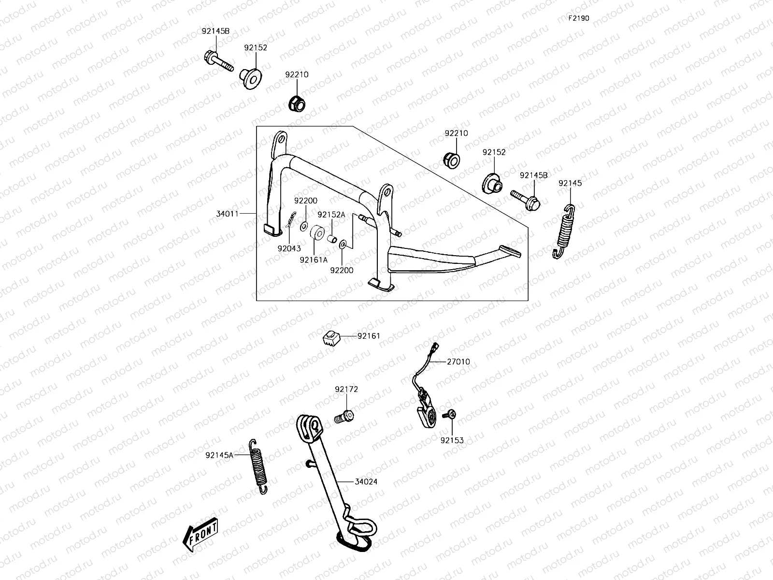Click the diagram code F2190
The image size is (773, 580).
point(578,18)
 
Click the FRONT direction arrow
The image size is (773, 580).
point(200,536)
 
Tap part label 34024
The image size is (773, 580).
point(366,482)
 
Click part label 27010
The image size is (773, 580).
point(458,362)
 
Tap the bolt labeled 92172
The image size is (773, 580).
point(344,416)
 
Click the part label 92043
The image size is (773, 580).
point(289,248)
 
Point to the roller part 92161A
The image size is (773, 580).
point(317,233)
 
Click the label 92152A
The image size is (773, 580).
point(331,215)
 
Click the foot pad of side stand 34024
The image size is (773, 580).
point(357,543)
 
